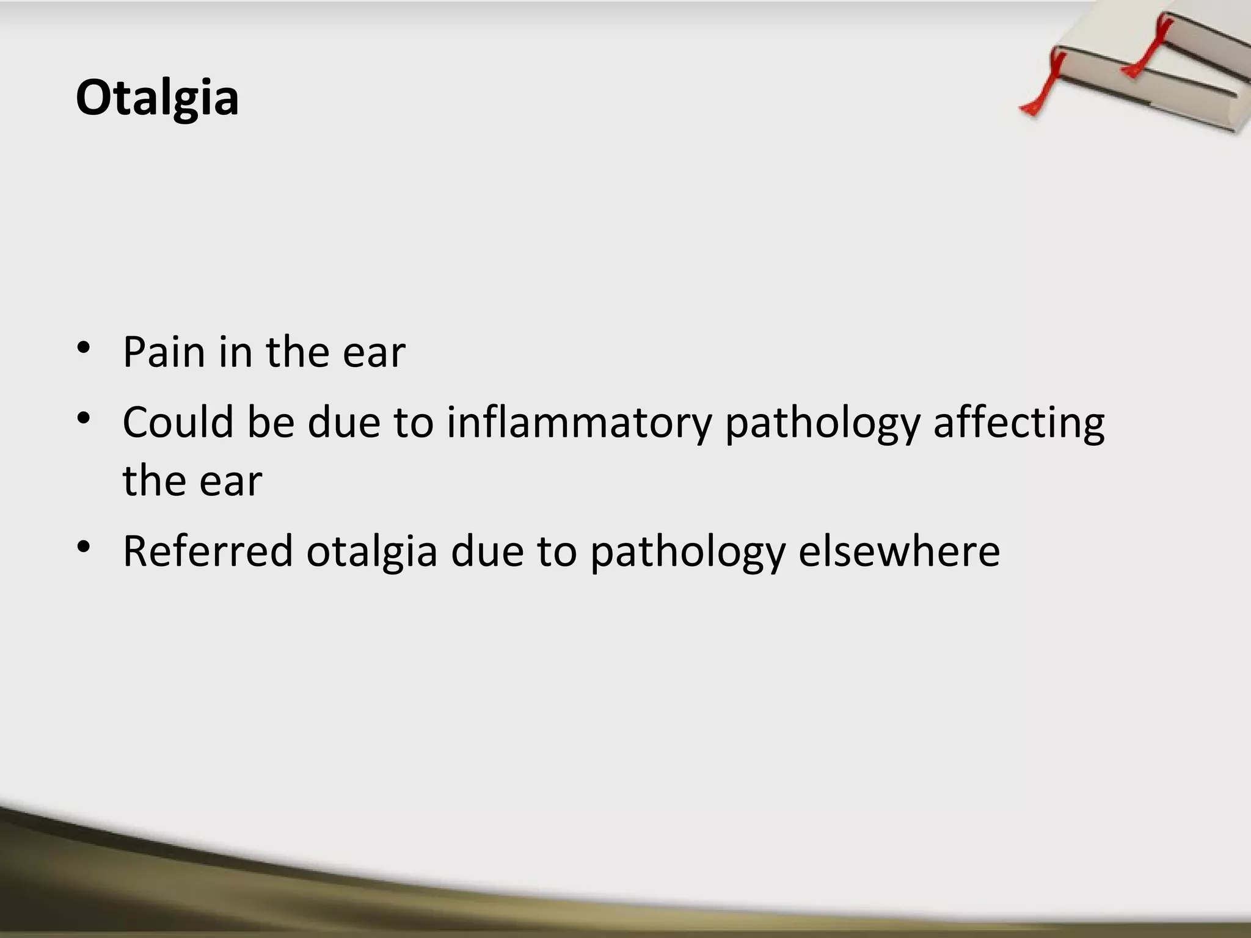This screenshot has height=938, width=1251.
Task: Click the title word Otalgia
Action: point(157,98)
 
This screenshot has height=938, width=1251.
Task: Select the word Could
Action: point(178,422)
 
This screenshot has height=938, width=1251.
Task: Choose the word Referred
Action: point(208,551)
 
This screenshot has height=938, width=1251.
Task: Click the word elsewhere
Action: point(899,551)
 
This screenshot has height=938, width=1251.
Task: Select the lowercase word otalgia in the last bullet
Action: point(372,552)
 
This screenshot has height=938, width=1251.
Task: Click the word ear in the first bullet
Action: point(374,354)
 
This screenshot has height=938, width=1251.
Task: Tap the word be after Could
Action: point(271,422)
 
